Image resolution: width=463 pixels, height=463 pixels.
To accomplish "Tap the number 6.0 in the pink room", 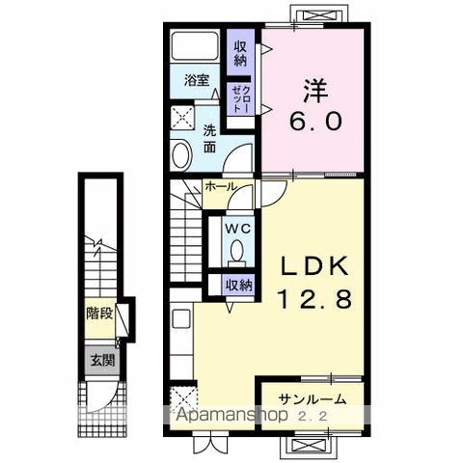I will (x=314, y=123).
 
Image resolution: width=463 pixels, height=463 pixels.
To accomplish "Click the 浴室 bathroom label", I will (x=197, y=80).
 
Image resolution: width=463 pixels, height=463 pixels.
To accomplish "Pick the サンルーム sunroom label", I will (x=313, y=399).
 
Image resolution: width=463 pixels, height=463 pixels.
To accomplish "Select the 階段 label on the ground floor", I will (x=98, y=313).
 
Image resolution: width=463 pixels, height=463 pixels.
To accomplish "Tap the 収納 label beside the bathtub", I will (x=238, y=49).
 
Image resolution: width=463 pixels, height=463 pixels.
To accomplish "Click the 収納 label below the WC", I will (x=238, y=285).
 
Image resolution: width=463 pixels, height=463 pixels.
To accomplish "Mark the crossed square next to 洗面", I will (x=181, y=118).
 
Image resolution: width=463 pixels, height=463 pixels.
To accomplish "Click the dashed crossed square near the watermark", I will (x=182, y=398).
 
